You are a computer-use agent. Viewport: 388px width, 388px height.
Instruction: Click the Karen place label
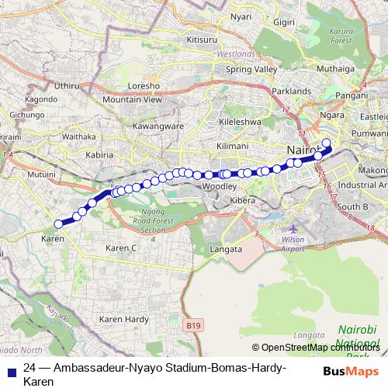point(52,238)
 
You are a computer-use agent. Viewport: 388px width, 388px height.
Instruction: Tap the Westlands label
point(236,54)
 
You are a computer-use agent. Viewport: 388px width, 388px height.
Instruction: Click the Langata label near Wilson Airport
point(227,249)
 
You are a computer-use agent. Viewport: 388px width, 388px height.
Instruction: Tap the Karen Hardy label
point(124,319)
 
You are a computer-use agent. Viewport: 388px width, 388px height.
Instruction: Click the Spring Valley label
point(251,69)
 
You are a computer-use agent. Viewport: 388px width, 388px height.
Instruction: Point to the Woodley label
point(218,187)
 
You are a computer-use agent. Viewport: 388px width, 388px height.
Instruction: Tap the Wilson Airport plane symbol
point(293,230)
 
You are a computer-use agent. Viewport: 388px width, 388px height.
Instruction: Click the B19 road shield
point(196,327)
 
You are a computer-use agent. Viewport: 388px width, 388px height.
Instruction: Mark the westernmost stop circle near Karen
point(57,224)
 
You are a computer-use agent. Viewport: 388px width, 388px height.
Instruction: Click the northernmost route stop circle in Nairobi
point(326,142)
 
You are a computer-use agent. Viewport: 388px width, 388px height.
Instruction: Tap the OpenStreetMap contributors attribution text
point(315,348)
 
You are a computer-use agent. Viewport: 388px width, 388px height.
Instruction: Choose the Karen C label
point(120,248)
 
